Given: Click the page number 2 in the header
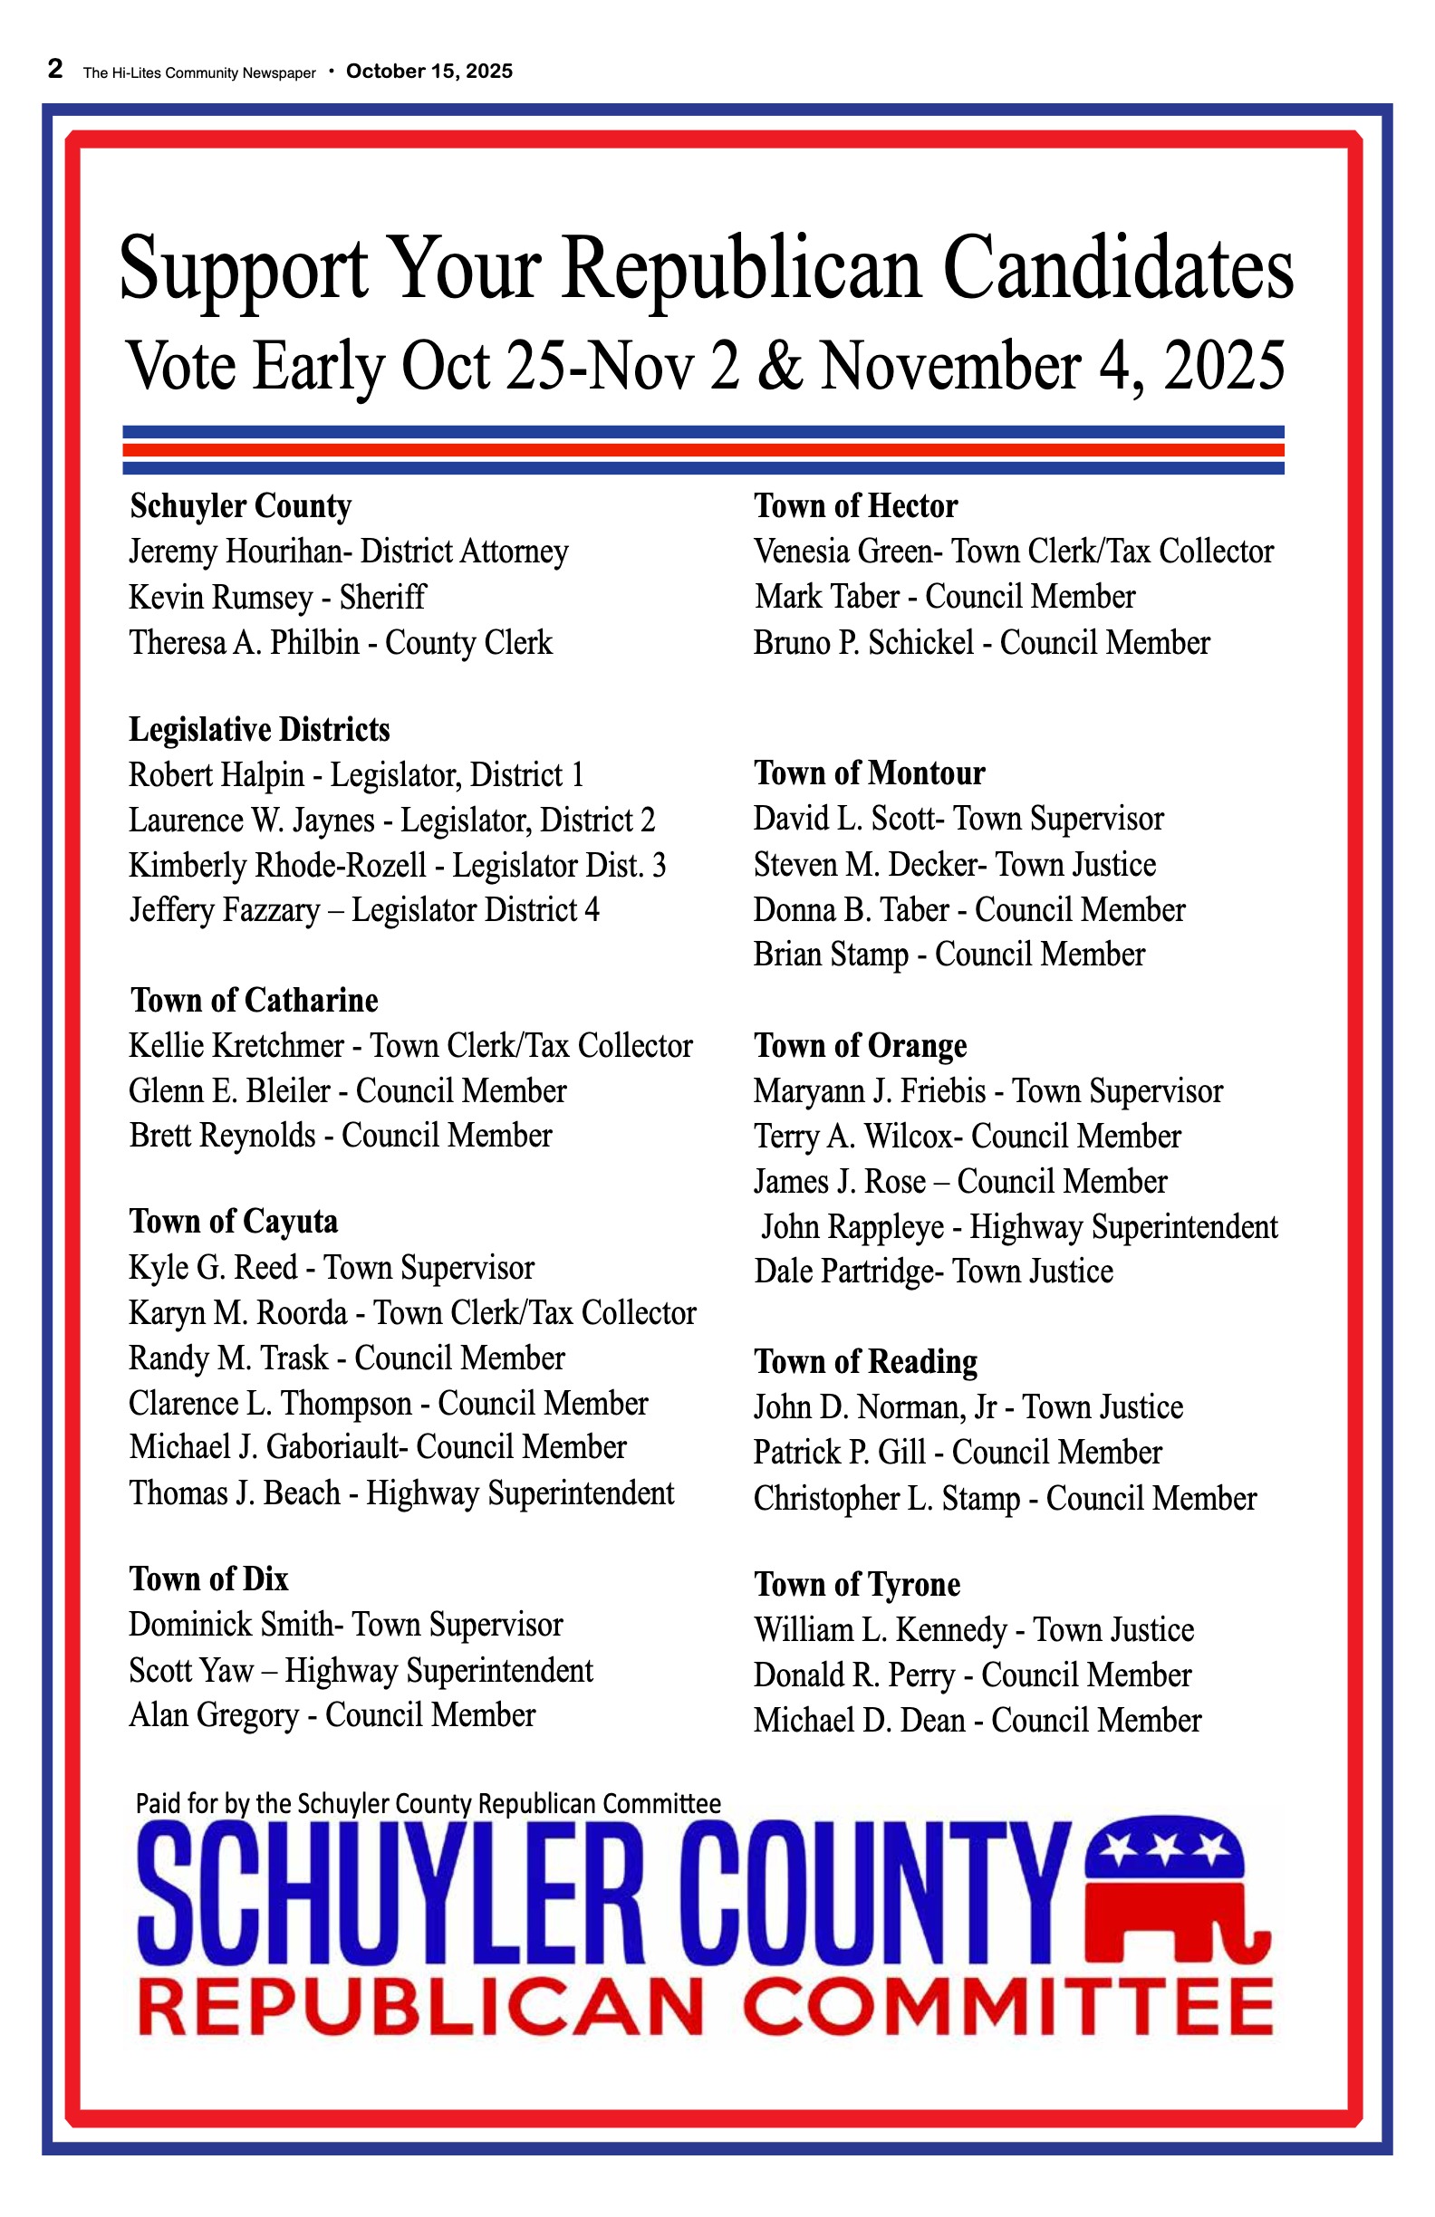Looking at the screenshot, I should (55, 70).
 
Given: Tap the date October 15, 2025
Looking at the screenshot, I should (429, 72).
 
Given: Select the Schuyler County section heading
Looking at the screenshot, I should (240, 506).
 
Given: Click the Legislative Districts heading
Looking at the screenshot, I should (259, 729).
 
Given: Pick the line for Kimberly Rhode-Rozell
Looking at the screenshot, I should (397, 866).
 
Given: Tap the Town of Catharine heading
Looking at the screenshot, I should (255, 1001).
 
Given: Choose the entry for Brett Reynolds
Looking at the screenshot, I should (340, 1136).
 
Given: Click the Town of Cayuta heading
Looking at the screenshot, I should (233, 1221).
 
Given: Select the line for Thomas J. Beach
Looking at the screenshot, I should (400, 1492).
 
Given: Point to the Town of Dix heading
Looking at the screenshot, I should (208, 1579).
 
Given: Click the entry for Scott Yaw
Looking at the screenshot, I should (361, 1670).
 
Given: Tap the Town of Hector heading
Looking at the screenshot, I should (855, 506).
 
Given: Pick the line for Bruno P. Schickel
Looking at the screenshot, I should (981, 643).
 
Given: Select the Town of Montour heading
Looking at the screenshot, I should (869, 773).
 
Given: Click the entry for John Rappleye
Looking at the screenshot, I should (1019, 1227).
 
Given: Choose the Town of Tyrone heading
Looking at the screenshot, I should (856, 1585).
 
